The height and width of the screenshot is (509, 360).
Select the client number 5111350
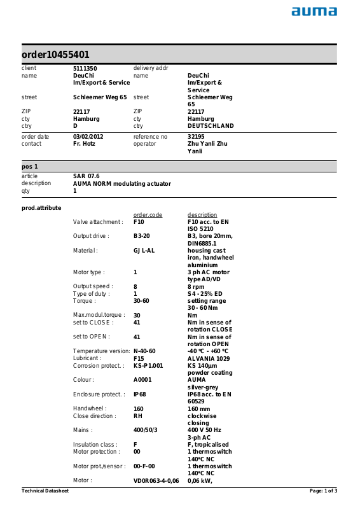[85, 68]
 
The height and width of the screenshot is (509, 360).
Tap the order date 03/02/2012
[87, 136]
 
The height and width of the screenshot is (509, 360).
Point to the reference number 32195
[196, 136]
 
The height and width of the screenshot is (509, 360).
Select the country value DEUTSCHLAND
[211, 126]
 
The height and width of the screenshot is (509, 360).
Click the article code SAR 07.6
[87, 176]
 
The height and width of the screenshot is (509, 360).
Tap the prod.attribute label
[41, 207]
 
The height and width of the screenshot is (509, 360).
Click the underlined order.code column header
[148, 215]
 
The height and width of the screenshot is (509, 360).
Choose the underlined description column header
[202, 215]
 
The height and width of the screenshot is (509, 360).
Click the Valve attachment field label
[98, 222]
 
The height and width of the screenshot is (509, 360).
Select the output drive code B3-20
[142, 236]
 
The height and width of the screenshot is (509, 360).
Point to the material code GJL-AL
[144, 251]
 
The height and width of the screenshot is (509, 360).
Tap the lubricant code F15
[139, 358]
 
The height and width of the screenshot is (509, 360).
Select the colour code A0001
[144, 380]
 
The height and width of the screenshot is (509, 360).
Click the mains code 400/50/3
[146, 430]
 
